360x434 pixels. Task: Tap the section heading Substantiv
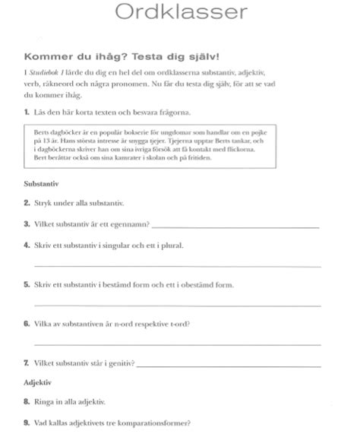tap(36, 185)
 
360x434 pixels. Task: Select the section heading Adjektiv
tap(33, 382)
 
